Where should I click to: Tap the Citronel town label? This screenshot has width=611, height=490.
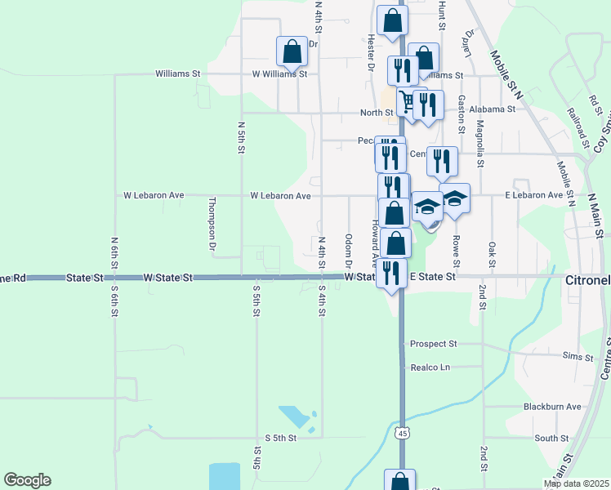click(x=588, y=279)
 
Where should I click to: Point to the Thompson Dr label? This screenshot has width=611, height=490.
click(x=212, y=223)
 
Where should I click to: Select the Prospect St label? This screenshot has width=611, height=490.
click(x=433, y=344)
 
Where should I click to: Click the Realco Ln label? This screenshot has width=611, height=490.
click(x=430, y=367)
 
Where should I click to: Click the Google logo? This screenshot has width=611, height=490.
click(x=27, y=480)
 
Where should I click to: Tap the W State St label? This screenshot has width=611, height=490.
click(x=169, y=278)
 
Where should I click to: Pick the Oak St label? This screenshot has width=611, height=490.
click(x=492, y=254)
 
